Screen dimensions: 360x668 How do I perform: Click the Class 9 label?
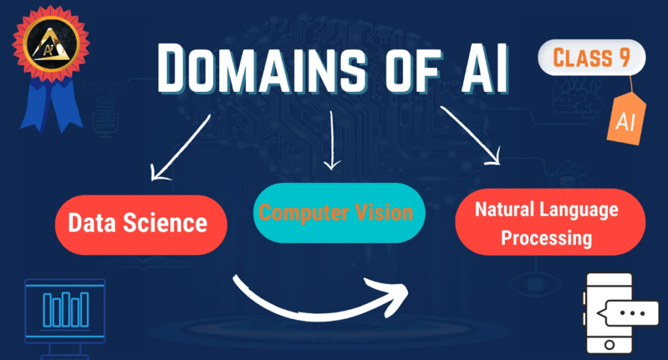pos(591,58)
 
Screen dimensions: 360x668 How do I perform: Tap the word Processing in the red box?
pos(546,237)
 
